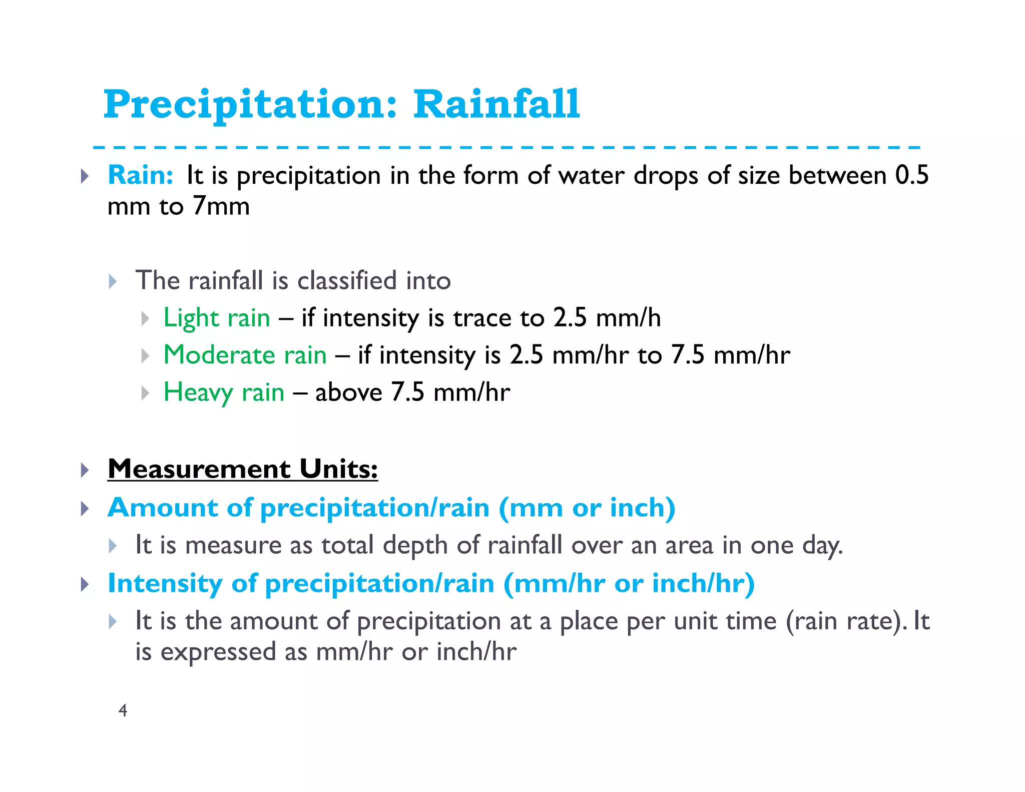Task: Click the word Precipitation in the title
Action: click(249, 105)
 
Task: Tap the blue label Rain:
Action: click(141, 176)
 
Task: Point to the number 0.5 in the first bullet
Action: click(911, 175)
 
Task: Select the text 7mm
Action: click(221, 206)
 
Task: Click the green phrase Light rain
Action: click(217, 318)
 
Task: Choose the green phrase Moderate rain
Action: click(245, 355)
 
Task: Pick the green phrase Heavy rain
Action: click(224, 392)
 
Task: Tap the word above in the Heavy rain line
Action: click(348, 392)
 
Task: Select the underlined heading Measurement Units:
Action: click(243, 469)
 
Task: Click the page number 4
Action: click(123, 710)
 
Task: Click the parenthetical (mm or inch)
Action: click(587, 508)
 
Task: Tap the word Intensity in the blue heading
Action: click(165, 584)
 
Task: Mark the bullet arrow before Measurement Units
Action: click(85, 470)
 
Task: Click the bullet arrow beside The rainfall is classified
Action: click(113, 281)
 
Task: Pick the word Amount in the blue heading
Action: click(163, 508)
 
